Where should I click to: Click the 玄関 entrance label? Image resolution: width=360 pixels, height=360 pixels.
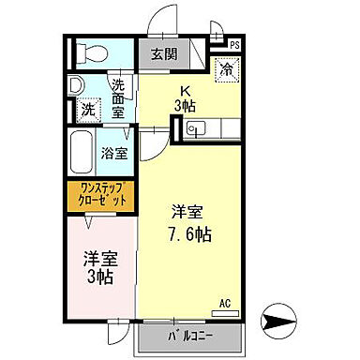(x=164, y=52)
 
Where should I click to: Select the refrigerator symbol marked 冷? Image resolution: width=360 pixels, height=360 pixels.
(x=226, y=68)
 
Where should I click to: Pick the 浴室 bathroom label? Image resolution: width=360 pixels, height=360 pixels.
(x=116, y=154)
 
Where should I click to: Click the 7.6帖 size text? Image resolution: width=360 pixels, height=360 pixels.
(x=189, y=233)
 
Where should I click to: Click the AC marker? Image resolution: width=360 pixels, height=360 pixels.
(x=224, y=302)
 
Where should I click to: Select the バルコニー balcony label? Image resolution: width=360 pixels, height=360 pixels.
(x=188, y=335)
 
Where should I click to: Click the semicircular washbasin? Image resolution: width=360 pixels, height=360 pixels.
(x=76, y=84)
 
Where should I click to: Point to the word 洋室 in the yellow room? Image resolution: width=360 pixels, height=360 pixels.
(x=188, y=212)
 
